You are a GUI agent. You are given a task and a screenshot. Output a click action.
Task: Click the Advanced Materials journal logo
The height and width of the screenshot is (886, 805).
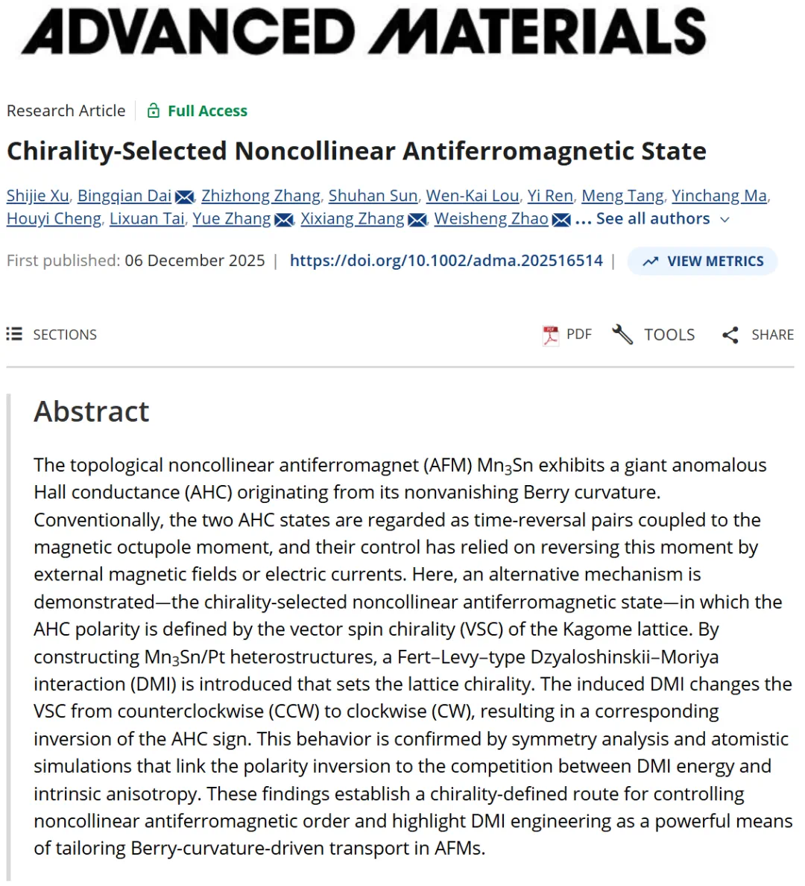coord(364,31)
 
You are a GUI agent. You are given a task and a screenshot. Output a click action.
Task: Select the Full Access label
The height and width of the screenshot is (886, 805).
coord(207,111)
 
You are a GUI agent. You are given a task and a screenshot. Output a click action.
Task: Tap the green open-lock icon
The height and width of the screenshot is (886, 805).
coord(154,111)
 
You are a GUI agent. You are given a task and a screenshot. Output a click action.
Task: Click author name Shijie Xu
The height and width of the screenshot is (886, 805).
coord(37,196)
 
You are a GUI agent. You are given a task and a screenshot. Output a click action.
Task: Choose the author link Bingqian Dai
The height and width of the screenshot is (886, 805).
coord(124,196)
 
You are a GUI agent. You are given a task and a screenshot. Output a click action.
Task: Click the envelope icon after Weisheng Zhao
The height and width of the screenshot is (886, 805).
coord(562,220)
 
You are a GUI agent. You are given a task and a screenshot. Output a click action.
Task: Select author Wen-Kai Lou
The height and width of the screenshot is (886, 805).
coord(473,196)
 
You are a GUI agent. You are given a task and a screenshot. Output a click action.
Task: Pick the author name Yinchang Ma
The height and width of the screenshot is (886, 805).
coord(719,196)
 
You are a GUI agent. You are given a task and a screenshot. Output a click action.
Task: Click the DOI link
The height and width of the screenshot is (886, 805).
coord(446,261)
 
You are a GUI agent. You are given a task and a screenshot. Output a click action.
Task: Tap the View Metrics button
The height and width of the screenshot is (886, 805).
coord(703,262)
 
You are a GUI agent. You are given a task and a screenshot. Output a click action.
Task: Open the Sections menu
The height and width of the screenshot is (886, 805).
coord(52,335)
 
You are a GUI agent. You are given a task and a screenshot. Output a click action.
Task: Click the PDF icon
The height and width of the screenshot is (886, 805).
coord(551,335)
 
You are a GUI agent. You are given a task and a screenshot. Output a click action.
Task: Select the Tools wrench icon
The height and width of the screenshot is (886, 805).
coord(622,335)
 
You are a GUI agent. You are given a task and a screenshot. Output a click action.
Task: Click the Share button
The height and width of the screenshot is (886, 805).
coord(758,335)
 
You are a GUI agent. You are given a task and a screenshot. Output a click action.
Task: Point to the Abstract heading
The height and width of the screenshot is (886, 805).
coord(92,411)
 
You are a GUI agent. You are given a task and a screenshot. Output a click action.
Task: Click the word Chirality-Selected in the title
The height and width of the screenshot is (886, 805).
coord(116,151)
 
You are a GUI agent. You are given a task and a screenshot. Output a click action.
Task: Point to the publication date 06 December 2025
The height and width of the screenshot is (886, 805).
coord(195,261)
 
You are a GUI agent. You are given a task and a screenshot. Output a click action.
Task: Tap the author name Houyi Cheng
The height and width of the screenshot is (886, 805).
coord(54,219)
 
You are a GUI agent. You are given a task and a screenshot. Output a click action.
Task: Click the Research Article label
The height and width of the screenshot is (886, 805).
coord(66,111)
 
